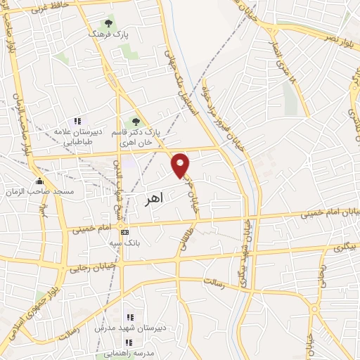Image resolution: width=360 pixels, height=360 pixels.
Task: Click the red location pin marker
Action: [x=181, y=165]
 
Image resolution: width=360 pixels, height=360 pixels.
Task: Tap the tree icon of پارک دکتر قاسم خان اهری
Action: [x=136, y=121]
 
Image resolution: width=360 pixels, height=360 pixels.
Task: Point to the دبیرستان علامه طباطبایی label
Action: [x=78, y=136]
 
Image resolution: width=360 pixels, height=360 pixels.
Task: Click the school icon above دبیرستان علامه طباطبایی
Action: [x=77, y=121]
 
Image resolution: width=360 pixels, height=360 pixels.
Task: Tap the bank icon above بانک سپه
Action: [x=125, y=232]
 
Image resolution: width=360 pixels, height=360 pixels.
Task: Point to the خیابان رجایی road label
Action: [x=86, y=267]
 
